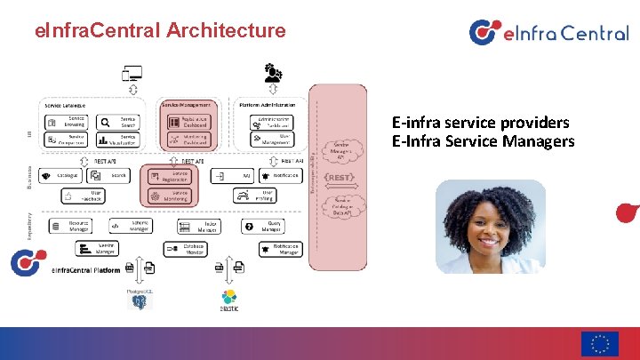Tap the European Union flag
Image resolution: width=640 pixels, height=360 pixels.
point(600,344)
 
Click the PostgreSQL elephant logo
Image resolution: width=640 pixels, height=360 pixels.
point(139,301)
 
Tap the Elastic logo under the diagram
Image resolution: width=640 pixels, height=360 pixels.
point(228,300)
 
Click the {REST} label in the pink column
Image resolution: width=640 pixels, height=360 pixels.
point(341,178)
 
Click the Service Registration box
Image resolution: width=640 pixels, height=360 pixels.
point(172,176)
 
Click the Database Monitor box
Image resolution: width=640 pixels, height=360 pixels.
point(186,248)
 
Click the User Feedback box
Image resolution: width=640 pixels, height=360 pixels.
point(86,195)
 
